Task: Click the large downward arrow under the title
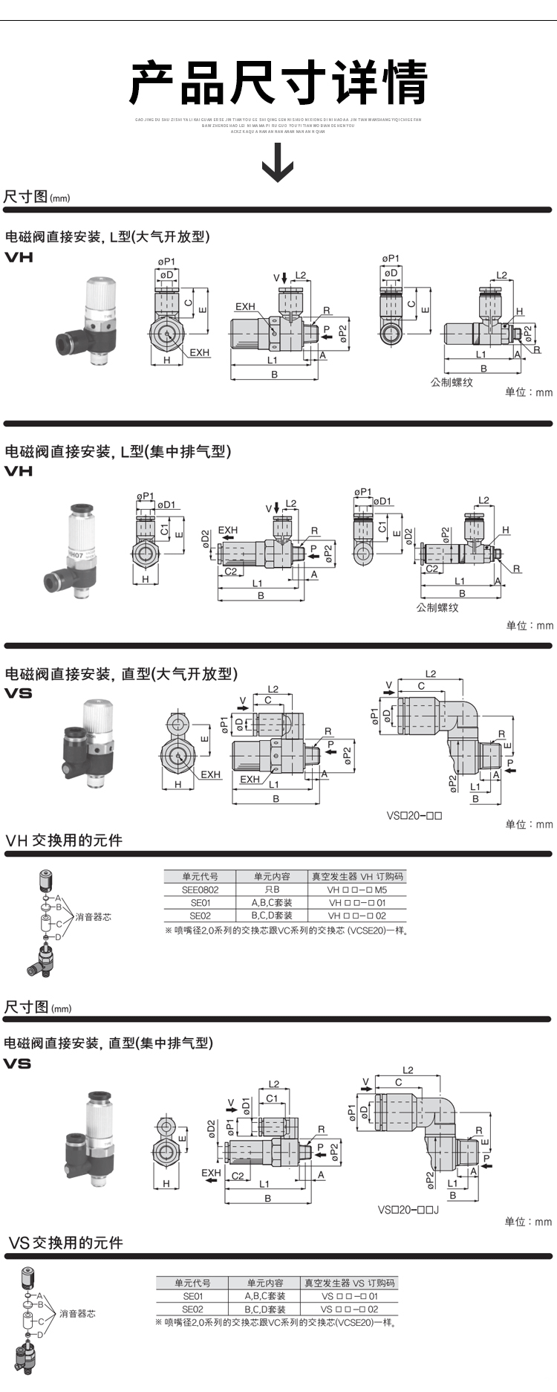(x=278, y=162)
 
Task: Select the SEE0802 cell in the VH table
(x=200, y=890)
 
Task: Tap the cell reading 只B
(x=272, y=890)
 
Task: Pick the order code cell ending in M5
(x=357, y=890)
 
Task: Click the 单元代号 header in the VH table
(x=200, y=876)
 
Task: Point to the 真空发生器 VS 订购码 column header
(x=349, y=1283)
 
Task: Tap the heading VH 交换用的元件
(x=64, y=841)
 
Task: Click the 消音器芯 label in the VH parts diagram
(x=93, y=917)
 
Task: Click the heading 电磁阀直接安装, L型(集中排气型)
(x=118, y=451)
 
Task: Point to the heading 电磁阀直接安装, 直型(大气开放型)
(x=121, y=674)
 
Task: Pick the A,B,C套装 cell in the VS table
(x=265, y=1296)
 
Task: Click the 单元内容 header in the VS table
(x=265, y=1283)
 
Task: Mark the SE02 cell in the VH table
(x=200, y=916)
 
